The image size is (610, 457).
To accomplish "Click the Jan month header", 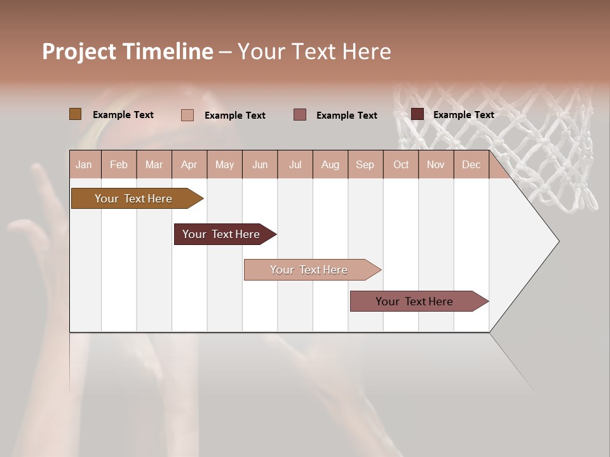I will point(84,165).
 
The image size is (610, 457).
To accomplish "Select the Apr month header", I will point(189,165).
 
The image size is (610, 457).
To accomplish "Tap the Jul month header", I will point(295,165).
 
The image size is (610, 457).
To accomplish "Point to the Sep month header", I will point(365,165).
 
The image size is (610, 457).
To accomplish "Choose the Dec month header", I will point(471,165).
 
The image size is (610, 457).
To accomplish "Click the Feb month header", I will point(119,165).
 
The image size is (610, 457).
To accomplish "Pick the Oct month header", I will point(401,165).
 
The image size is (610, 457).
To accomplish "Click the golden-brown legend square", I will point(75,114).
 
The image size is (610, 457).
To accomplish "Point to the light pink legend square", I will point(187,115).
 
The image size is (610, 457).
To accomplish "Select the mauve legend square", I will point(300,114).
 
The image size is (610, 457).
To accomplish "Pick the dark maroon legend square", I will point(417,114).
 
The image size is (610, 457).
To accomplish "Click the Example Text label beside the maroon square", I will point(463,115).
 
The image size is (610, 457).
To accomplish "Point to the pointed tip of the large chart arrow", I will point(559,241).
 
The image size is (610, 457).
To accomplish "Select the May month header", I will point(224,165).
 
